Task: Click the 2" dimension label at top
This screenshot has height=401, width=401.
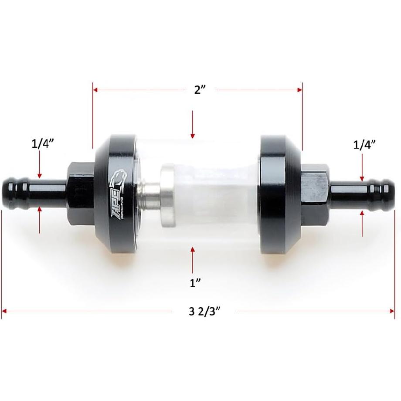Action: coord(200,90)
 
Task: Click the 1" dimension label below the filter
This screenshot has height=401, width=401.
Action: coord(195,283)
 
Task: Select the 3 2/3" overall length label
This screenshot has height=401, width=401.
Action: coord(204,311)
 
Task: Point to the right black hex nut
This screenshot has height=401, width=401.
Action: coord(315,192)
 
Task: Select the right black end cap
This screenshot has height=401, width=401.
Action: coord(279,194)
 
